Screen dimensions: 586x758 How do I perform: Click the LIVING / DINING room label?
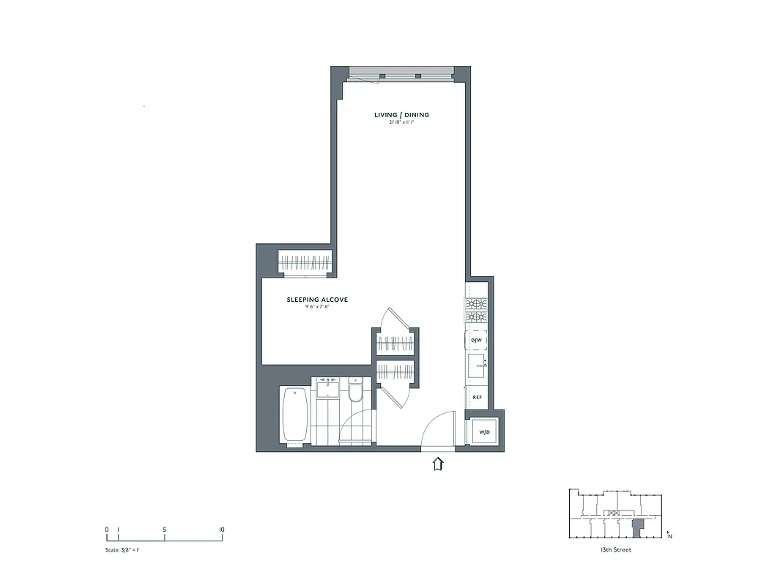tap(401, 115)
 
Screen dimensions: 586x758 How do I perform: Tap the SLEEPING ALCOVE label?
tap(316, 300)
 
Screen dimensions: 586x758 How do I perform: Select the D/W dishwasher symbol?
tap(476, 341)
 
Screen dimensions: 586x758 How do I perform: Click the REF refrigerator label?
tap(477, 397)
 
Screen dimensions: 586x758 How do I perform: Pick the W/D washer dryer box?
tap(484, 431)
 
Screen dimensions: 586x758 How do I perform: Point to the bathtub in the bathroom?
tap(294, 415)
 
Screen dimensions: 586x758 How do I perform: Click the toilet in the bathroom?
tap(356, 392)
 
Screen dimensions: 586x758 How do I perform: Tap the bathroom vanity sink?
tap(327, 387)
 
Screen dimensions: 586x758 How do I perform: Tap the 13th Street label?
tap(614, 550)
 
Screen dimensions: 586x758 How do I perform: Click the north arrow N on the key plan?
tap(669, 535)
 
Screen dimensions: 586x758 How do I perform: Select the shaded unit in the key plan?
tap(637, 527)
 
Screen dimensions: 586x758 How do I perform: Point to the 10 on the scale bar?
tap(221, 529)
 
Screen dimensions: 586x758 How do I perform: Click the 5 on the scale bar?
tap(165, 529)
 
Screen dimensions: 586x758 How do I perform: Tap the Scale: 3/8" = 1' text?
tap(122, 549)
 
